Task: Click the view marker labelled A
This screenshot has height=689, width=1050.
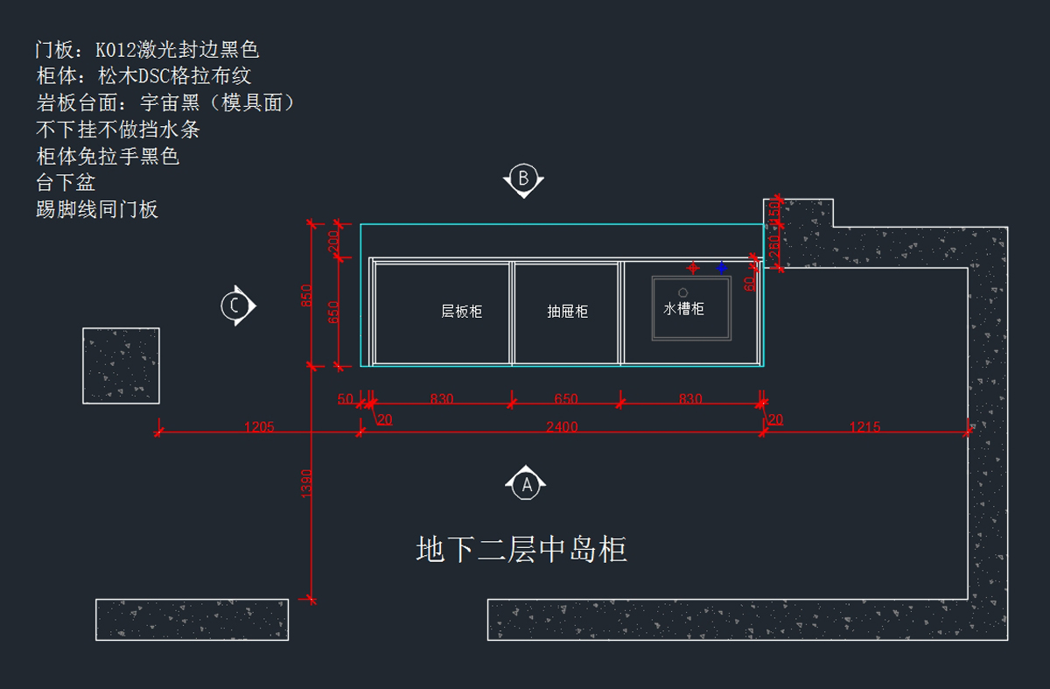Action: [x=526, y=483]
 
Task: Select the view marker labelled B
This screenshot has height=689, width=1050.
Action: [x=523, y=179]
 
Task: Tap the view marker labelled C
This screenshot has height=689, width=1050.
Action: [x=235, y=306]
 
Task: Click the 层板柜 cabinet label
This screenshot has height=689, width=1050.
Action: [x=461, y=311]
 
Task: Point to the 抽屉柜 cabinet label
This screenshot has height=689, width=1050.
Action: [x=567, y=311]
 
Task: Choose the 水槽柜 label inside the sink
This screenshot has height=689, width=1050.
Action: [x=683, y=308]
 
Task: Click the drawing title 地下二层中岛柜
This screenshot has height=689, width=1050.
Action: [x=521, y=550]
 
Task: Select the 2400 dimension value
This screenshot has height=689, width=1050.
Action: [x=562, y=427]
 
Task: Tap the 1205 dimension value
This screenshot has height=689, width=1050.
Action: [x=259, y=427]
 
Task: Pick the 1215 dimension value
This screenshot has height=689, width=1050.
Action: [x=864, y=427]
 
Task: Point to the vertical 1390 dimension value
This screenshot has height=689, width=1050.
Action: [x=306, y=484]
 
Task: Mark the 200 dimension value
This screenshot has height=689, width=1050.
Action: [x=333, y=242]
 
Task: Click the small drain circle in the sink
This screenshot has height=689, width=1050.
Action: [x=682, y=291]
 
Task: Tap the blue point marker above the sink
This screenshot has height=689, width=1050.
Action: [x=722, y=267]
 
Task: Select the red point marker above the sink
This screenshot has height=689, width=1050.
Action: [x=693, y=267]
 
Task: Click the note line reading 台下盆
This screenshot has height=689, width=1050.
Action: [x=66, y=183]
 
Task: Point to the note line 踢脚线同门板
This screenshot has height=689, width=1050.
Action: [x=97, y=209]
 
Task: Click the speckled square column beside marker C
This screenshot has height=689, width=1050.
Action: [x=121, y=365]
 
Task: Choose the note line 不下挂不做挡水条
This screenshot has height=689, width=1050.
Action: [x=118, y=130]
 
